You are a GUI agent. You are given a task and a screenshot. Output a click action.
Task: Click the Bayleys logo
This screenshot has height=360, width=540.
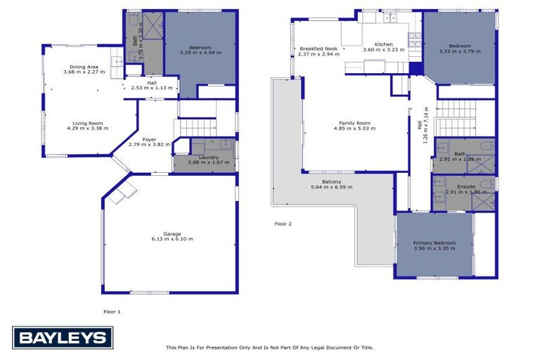[x=62, y=338]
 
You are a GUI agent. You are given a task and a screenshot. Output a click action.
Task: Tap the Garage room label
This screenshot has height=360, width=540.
[x=172, y=233]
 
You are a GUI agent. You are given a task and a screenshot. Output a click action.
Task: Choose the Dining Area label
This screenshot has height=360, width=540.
[x=84, y=66]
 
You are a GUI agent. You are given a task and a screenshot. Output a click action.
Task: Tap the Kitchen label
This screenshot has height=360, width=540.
[x=383, y=44]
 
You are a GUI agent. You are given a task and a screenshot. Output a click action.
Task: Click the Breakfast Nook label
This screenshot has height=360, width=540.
[x=318, y=49]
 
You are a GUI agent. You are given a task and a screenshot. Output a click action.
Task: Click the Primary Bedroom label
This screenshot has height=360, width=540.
[x=435, y=243]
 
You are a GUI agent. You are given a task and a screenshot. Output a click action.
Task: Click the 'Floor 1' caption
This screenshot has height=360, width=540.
[x=112, y=310]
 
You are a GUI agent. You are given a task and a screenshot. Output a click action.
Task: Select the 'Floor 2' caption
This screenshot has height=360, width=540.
[x=283, y=224]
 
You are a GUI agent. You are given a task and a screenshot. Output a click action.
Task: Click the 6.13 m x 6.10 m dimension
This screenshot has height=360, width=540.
[x=172, y=239]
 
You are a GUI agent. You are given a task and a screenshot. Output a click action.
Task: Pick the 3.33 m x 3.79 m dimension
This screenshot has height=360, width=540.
[x=460, y=51]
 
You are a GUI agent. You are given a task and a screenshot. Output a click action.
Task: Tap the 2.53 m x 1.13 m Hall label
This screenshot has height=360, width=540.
[x=152, y=87]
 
